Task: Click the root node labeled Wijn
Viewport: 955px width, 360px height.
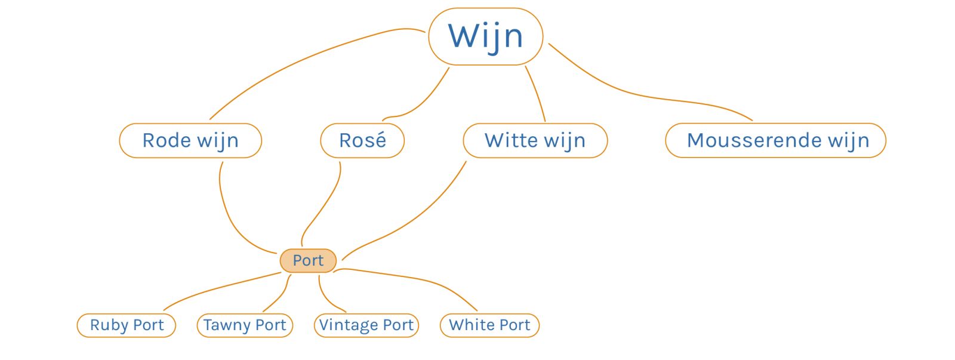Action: coord(485,36)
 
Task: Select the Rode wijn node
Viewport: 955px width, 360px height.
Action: coord(190,140)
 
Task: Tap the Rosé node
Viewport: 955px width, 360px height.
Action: coord(362,140)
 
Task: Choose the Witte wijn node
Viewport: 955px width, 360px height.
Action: coord(535,140)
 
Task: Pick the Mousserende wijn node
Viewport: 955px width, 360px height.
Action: coord(775,140)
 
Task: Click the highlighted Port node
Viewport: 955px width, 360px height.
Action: coord(308,261)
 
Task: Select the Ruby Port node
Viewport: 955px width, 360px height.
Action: coord(127,325)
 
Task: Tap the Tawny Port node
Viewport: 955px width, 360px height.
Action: coord(245,325)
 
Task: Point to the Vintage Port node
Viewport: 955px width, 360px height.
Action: coord(366,325)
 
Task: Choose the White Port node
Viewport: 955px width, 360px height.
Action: coord(489,325)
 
